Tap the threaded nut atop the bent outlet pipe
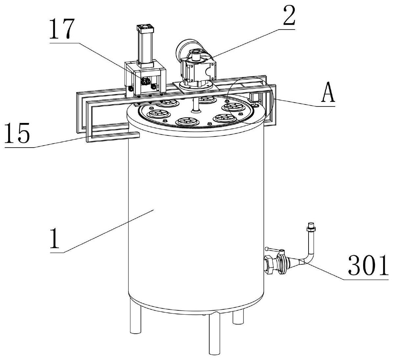pyautogui.click(x=311, y=227)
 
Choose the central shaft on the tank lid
pyautogui.click(x=196, y=105)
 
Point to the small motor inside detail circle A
pyautogui.click(x=255, y=98)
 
